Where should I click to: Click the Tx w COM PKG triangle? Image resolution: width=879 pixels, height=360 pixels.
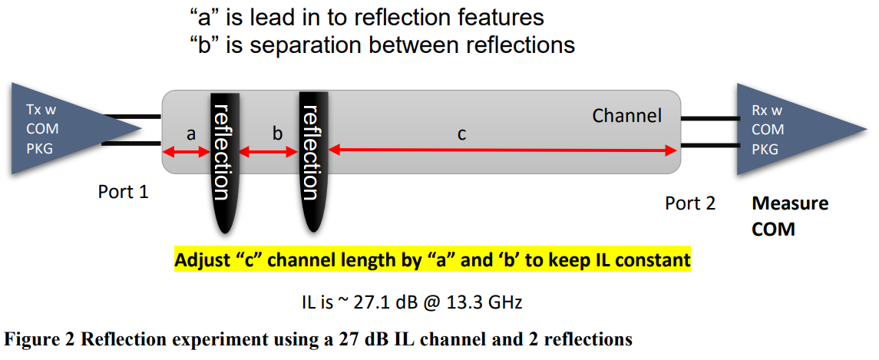tap(46, 129)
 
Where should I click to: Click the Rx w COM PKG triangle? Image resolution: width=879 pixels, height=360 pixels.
tap(775, 129)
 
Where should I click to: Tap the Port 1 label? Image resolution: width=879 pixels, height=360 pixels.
tap(123, 191)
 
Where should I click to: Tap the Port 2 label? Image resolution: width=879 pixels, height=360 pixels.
tap(690, 203)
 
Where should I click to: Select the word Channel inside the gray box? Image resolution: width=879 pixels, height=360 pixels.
tap(626, 116)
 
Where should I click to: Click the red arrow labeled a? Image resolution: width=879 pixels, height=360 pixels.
tap(186, 153)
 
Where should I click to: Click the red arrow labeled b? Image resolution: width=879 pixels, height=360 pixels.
tap(269, 153)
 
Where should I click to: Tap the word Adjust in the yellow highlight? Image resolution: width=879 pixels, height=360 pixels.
tap(201, 260)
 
